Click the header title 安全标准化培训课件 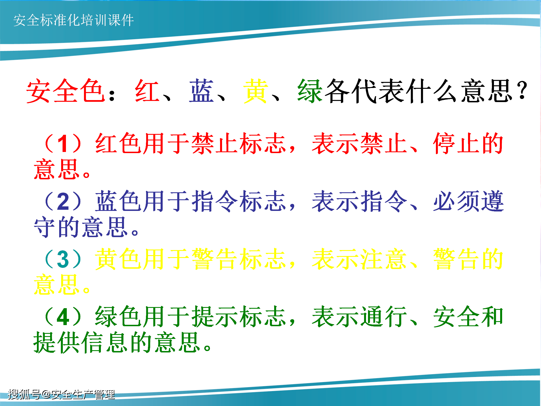pos(74,20)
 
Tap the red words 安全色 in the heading pos(66,91)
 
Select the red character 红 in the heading pos(147,91)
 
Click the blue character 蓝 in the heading pos(201,91)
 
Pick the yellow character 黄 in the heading pos(255,91)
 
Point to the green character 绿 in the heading pos(310,91)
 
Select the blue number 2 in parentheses pos(63,201)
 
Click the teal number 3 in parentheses pos(63,259)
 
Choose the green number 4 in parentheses pos(63,317)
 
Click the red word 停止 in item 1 pos(457,144)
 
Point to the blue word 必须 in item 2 pos(457,201)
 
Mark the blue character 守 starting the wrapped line pos(45,227)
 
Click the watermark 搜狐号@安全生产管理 pos(61,394)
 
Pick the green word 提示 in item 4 pos(215,317)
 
